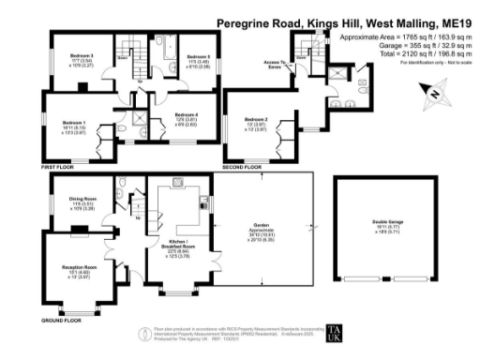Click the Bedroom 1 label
click(x=74, y=123)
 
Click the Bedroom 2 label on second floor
click(x=256, y=120)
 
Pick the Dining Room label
click(x=82, y=198)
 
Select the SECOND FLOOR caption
click(x=241, y=167)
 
